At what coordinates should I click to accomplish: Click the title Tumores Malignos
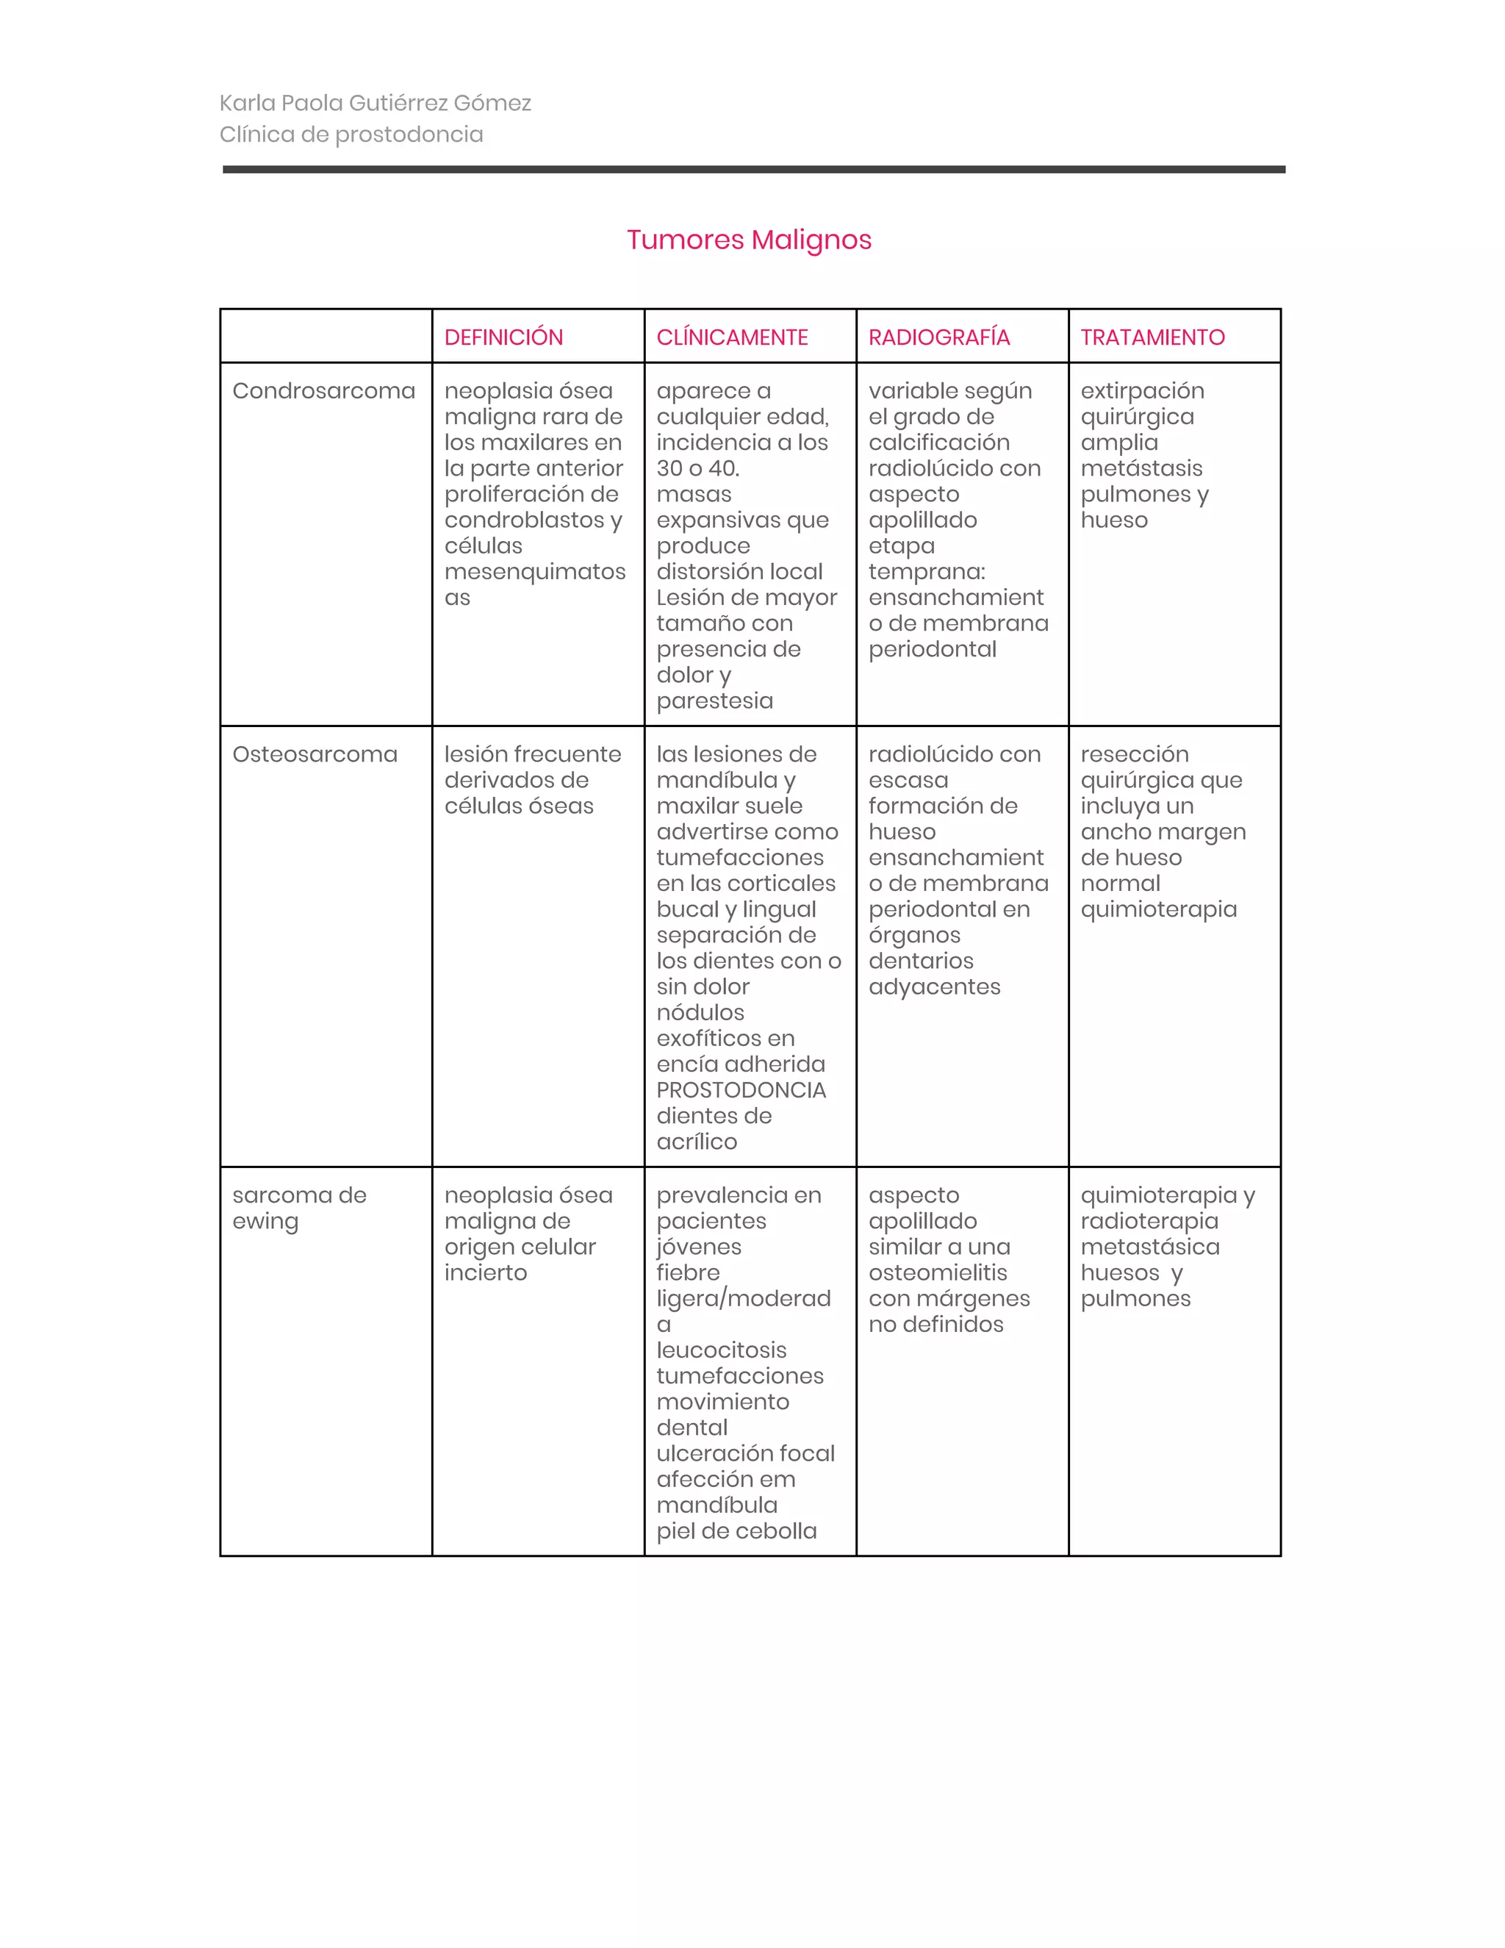(748, 240)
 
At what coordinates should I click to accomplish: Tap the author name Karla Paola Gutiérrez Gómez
(376, 104)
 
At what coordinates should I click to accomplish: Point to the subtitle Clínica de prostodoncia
(351, 135)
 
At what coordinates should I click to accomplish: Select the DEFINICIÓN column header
(503, 337)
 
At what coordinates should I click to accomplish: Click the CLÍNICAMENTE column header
(732, 337)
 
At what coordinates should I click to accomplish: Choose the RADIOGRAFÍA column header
(939, 337)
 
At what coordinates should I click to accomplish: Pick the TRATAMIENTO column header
(1152, 337)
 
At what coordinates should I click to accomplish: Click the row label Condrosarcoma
(323, 390)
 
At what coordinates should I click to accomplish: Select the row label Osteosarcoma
(315, 755)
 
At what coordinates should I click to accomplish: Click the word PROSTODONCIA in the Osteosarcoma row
(741, 1090)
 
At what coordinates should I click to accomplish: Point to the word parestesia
(714, 701)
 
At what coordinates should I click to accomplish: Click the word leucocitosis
(722, 1350)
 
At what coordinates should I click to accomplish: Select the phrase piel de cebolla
(736, 1531)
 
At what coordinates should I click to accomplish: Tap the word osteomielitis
(937, 1272)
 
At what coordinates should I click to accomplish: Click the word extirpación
(1142, 390)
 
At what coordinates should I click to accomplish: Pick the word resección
(1134, 755)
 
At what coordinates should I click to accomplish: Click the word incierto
(485, 1272)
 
